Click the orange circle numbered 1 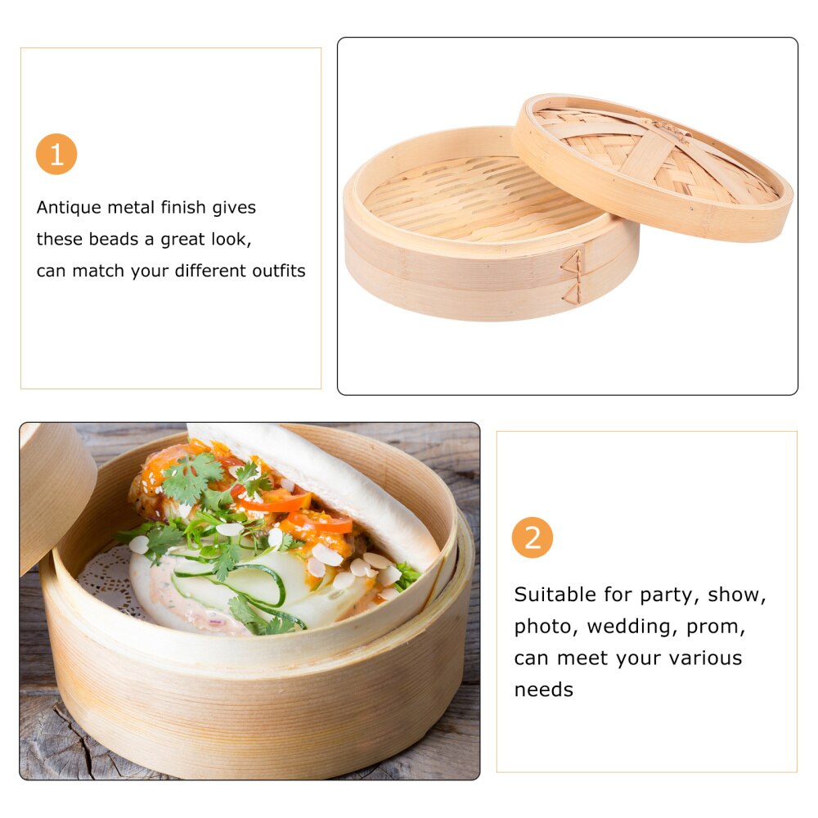[x=56, y=155]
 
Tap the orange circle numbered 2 [x=533, y=538]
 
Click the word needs [x=543, y=690]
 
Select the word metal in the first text [x=139, y=208]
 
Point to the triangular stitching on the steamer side [x=573, y=278]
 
